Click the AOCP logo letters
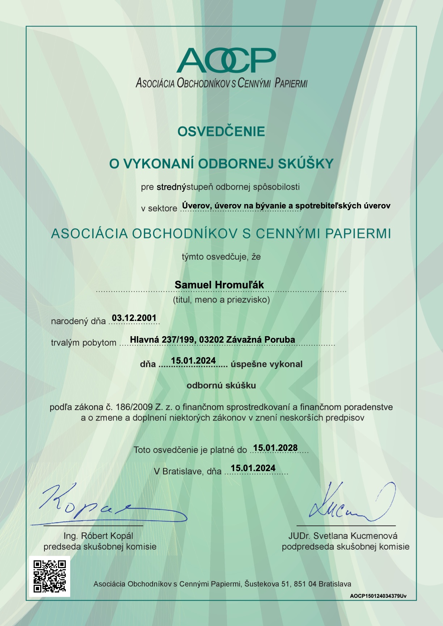point(226,60)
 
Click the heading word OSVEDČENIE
point(221,131)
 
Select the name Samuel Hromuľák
point(219,285)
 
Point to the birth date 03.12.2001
point(134,318)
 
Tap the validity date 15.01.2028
point(275,448)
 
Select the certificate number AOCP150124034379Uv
point(378,596)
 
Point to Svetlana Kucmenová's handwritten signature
point(347,504)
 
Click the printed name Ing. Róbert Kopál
point(98,536)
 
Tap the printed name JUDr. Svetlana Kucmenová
point(343,536)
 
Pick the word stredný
point(171,187)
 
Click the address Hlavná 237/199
point(163,339)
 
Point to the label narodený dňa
point(78,321)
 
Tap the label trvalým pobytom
point(84,343)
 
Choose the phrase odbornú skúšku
point(221,385)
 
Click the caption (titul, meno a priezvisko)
point(221,300)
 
